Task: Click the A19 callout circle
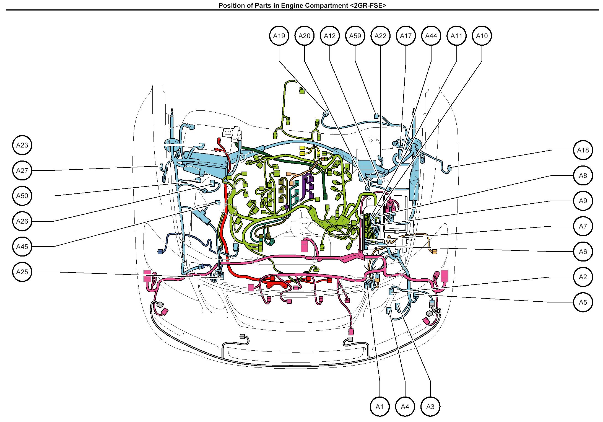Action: click(279, 36)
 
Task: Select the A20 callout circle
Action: click(304, 36)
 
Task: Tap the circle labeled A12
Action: click(330, 36)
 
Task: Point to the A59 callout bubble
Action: click(355, 36)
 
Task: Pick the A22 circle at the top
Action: click(380, 36)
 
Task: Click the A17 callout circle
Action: click(406, 36)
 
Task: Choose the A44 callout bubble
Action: click(431, 36)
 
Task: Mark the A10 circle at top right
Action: click(482, 36)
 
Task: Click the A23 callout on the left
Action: click(22, 145)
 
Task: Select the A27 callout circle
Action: click(22, 170)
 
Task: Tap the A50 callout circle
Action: click(22, 196)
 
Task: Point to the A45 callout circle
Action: click(22, 247)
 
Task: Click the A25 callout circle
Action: click(22, 272)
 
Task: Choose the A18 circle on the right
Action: click(583, 150)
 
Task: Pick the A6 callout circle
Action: click(583, 252)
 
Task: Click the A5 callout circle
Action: click(583, 302)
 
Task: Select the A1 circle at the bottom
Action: click(380, 407)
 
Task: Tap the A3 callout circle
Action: click(430, 407)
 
